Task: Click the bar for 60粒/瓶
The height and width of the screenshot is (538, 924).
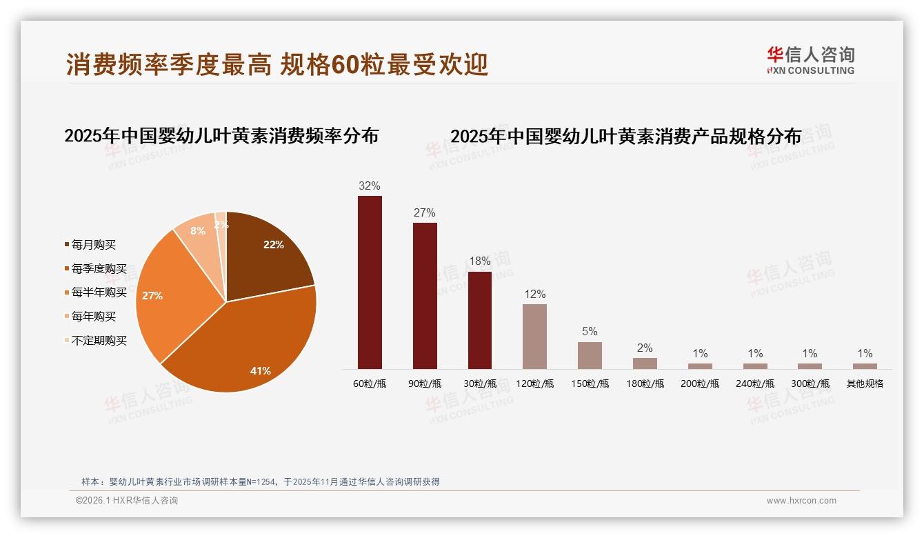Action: tap(370, 282)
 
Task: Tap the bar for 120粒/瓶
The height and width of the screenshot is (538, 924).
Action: tap(534, 336)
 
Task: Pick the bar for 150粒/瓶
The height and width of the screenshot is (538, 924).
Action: tap(590, 355)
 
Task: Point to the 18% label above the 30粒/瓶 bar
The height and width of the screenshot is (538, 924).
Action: tap(480, 261)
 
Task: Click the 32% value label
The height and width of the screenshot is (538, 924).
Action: tap(370, 186)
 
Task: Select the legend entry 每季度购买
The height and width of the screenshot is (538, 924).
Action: tap(99, 269)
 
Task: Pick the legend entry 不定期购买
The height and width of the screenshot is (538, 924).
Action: tap(99, 341)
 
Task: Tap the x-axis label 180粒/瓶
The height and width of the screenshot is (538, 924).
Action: tap(645, 383)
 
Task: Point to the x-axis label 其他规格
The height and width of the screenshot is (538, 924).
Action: tap(865, 383)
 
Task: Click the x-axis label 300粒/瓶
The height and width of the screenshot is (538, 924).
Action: tap(810, 383)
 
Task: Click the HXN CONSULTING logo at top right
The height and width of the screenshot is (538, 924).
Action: tap(810, 60)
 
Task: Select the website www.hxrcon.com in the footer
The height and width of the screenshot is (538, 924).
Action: tap(801, 501)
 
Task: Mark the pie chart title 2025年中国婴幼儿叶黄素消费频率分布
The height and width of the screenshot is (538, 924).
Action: tap(221, 136)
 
